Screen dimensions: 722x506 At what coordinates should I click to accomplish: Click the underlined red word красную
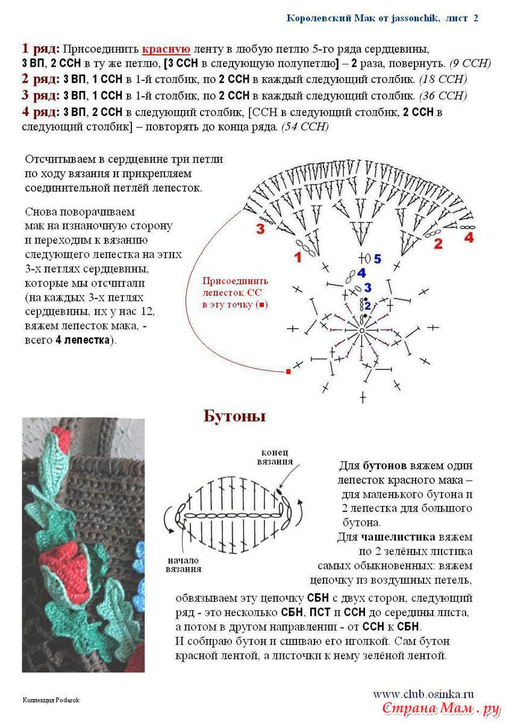[x=166, y=49]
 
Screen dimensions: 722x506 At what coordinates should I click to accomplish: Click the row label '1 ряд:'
[x=41, y=49]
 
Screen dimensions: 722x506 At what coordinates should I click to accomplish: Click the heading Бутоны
[x=234, y=416]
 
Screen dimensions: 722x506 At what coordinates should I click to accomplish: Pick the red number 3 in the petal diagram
[x=260, y=229]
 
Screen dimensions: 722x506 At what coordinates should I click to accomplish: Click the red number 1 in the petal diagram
[x=297, y=258]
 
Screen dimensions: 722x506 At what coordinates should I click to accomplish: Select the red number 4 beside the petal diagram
[x=469, y=237]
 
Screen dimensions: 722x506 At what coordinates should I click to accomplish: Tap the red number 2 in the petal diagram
[x=438, y=244]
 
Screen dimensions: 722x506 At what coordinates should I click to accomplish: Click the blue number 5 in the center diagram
[x=377, y=259]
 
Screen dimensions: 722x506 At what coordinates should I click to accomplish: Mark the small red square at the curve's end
[x=288, y=372]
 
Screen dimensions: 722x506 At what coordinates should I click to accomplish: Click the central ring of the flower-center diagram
[x=362, y=330]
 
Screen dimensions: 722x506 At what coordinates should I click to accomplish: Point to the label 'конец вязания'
[x=277, y=457]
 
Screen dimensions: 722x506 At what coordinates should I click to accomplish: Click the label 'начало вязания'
[x=184, y=564]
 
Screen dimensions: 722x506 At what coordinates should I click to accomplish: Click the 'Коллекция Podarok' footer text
[x=51, y=700]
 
